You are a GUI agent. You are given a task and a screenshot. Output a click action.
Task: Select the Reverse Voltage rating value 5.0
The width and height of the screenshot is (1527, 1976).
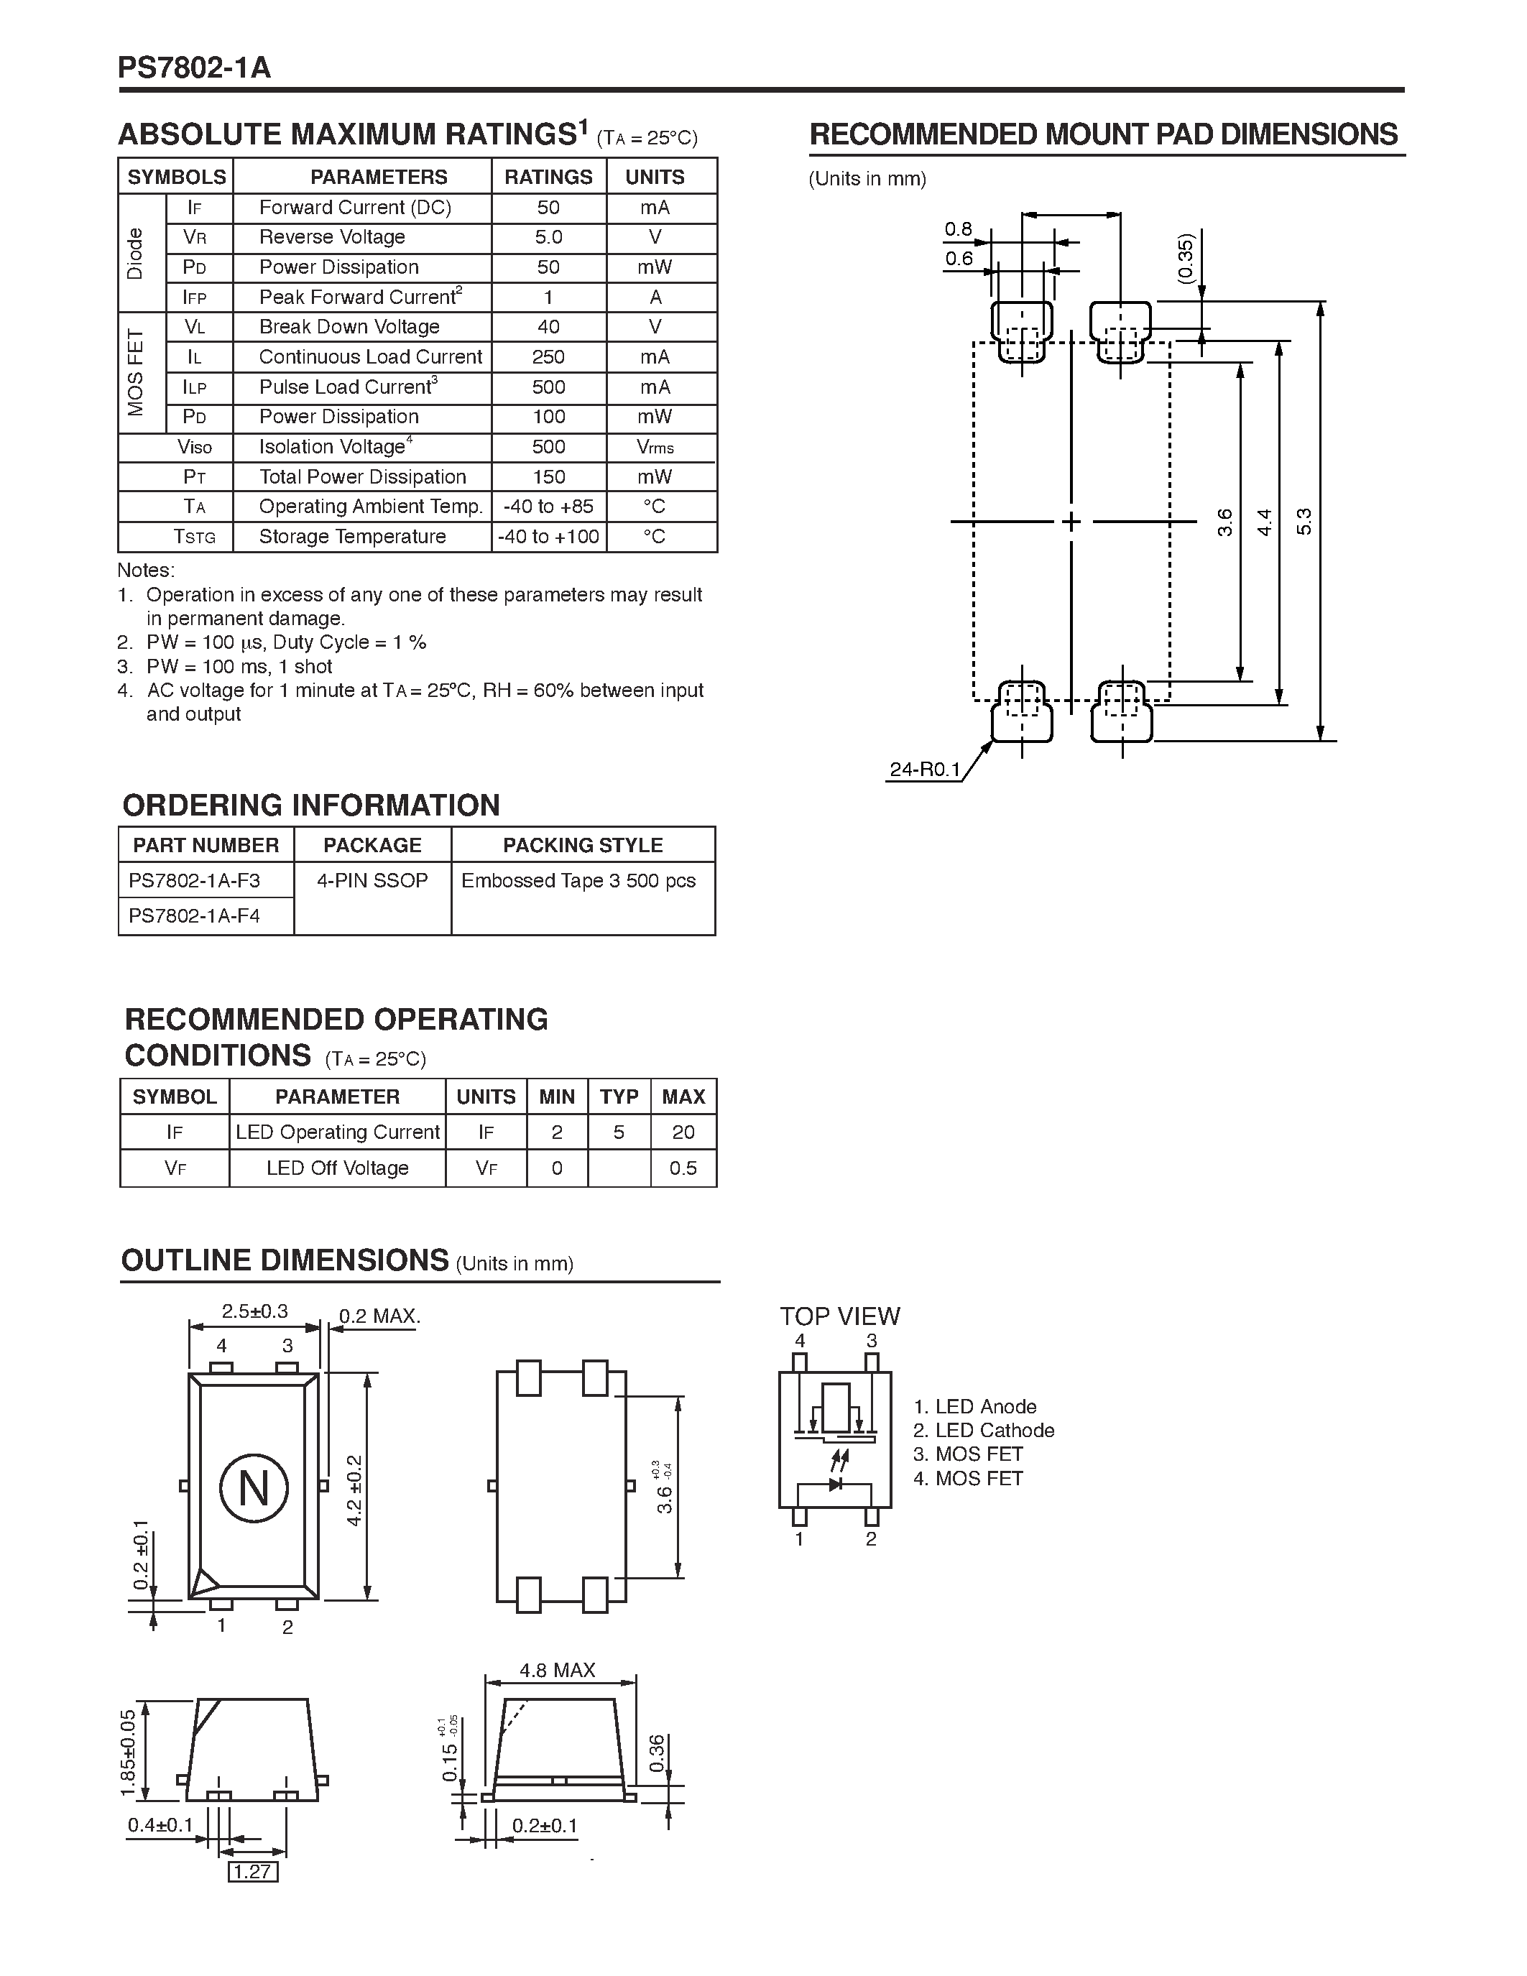click(548, 237)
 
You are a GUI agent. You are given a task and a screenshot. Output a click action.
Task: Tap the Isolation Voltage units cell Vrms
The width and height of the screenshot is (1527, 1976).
click(655, 447)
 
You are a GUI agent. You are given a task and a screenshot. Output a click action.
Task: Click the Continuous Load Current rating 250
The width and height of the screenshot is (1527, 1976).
click(548, 357)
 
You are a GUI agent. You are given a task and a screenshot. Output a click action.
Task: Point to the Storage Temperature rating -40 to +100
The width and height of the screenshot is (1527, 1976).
click(548, 537)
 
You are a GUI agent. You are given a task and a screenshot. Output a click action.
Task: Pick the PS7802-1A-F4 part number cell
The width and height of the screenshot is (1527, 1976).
click(195, 915)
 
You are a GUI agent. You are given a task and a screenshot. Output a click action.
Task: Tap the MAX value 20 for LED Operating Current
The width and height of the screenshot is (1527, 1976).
click(683, 1132)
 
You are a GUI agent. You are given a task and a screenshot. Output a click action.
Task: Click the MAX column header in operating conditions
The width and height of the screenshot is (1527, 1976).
click(683, 1097)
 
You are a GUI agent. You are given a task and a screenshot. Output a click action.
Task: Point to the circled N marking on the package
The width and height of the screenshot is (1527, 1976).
click(253, 1488)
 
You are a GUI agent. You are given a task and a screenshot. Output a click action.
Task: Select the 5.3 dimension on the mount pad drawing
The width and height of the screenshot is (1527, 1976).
click(1304, 522)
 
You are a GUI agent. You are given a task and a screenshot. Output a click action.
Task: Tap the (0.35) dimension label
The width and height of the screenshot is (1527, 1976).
click(1186, 259)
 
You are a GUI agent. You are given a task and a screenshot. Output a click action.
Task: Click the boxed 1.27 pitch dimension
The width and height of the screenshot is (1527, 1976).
click(252, 1872)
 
